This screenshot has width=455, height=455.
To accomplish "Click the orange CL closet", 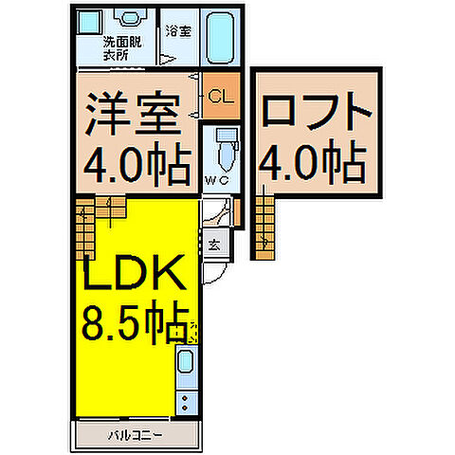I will point(218,95).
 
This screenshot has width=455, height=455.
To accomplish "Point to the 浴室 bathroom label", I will point(177,31).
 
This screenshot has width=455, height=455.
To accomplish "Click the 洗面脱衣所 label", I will point(121,48).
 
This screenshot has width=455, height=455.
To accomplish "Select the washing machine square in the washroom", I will point(87,21).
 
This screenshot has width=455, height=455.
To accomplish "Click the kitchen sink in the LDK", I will point(186,362).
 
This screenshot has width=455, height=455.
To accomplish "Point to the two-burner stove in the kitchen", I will point(186,398).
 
